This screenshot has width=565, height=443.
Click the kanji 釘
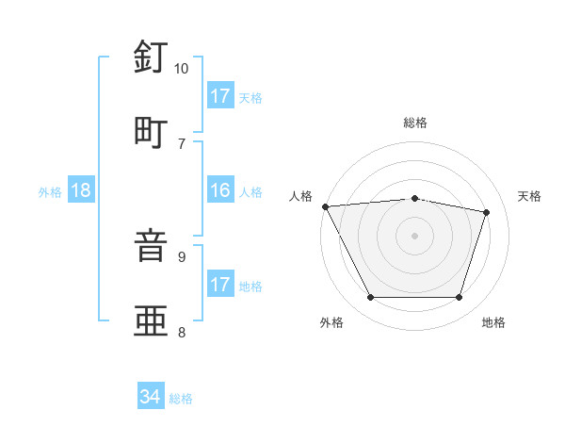point(151,58)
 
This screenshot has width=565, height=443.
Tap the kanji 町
point(151,132)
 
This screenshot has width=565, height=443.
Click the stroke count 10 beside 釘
point(182,69)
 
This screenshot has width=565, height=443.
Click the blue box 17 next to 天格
point(220,96)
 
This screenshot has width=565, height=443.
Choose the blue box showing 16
point(220,191)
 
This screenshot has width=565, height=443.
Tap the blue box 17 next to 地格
point(220,285)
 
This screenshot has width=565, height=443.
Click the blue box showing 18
point(81,191)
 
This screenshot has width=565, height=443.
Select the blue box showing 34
point(150,398)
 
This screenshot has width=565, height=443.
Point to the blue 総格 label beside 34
point(181,399)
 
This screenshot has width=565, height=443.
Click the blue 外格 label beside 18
point(50,192)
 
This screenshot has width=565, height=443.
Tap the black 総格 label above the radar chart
point(415,123)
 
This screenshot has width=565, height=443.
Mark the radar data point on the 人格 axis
point(325,206)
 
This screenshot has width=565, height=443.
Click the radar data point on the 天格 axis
point(487,212)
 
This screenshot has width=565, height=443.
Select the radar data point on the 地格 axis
point(459,298)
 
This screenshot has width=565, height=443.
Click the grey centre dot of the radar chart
point(414,236)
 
